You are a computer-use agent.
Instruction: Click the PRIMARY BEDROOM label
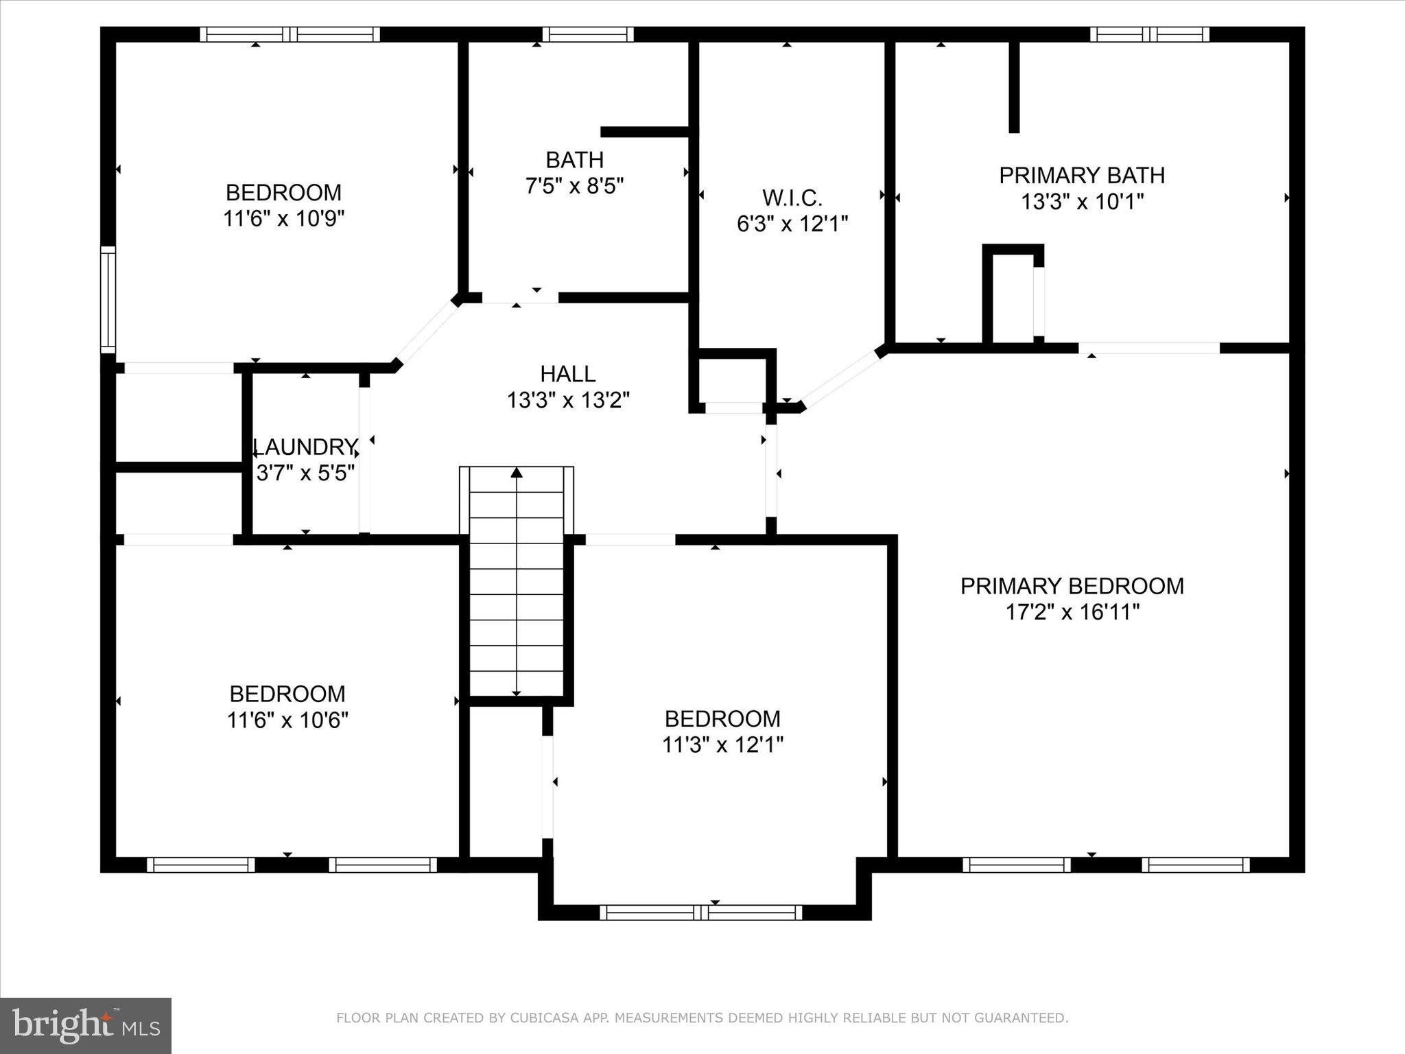coord(1072,586)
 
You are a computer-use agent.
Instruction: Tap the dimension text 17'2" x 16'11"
coord(1072,612)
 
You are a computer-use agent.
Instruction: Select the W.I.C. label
coord(792,198)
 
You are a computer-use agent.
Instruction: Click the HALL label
coord(567,374)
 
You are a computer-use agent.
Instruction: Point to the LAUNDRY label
coord(305,447)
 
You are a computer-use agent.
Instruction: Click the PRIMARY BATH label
coord(1081,176)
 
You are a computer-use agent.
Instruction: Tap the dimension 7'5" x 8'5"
coord(574,186)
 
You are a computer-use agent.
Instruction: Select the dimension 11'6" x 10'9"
coord(283,219)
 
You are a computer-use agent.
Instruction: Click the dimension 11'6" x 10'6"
coord(287,721)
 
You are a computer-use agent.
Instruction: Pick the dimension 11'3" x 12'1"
coord(722,745)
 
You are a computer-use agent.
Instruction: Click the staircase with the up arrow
coord(517,583)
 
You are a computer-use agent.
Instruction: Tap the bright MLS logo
coord(86,1025)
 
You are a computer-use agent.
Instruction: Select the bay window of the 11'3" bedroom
coord(700,912)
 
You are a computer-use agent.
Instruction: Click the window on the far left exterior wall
coord(108,299)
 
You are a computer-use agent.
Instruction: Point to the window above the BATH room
coord(587,34)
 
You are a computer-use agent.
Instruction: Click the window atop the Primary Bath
coord(1149,34)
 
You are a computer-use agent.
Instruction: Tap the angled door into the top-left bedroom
coord(427,332)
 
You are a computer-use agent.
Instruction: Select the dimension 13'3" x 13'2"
coord(567,400)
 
